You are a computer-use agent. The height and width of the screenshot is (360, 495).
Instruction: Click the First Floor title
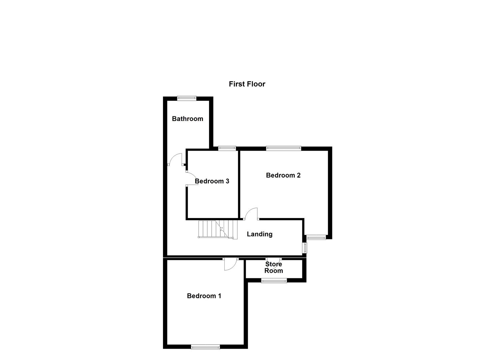click(247, 84)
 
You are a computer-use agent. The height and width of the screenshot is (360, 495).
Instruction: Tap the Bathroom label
click(187, 119)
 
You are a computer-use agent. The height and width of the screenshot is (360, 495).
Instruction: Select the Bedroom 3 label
click(212, 181)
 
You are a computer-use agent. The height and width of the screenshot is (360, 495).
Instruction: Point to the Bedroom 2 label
click(283, 175)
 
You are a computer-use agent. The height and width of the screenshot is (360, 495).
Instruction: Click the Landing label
click(259, 234)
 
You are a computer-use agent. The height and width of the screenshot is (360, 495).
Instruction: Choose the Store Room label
click(274, 267)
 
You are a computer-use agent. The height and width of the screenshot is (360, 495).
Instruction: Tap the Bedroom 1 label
click(204, 296)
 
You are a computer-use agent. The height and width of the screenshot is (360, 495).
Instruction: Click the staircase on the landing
click(217, 229)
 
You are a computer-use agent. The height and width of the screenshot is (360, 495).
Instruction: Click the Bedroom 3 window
click(227, 148)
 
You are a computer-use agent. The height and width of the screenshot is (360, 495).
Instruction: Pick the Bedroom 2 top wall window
click(283, 148)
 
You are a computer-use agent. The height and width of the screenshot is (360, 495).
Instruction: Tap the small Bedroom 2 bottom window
click(316, 237)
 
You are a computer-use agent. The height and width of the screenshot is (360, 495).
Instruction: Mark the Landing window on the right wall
click(304, 248)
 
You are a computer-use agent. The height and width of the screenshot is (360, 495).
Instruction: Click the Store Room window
click(274, 281)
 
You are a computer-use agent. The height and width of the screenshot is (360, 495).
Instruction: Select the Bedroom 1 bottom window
click(205, 347)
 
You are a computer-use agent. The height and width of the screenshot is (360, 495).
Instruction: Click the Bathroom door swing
click(175, 159)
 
